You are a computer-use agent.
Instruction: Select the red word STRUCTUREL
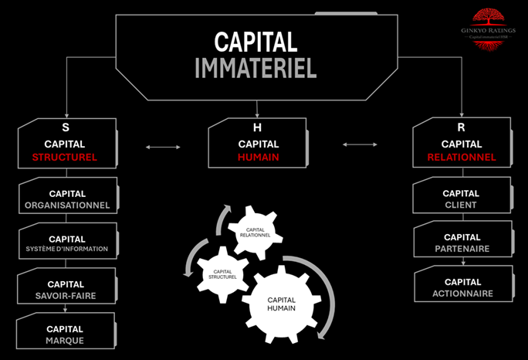tap(65, 158)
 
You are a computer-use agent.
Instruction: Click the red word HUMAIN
tap(259, 158)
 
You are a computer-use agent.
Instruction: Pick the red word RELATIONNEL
tap(461, 158)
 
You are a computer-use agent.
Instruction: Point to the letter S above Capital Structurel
tap(65, 126)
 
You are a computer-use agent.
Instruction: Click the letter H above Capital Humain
tap(258, 126)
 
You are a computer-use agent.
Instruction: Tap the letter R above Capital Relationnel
tap(461, 126)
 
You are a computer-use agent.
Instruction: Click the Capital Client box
tap(461, 199)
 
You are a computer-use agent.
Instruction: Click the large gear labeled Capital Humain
tap(281, 304)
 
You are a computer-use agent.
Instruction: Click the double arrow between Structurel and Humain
tap(164, 146)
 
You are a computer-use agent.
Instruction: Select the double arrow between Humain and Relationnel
tap(360, 144)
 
